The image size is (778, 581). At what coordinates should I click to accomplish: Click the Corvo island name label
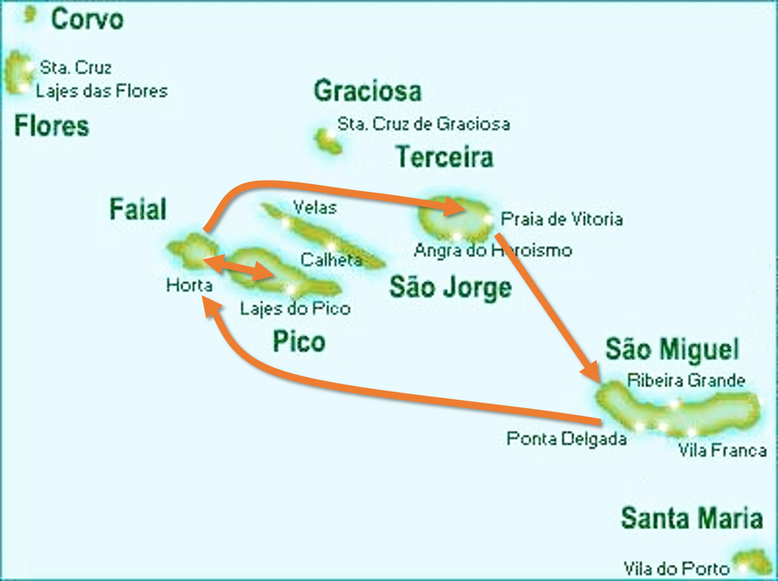tap(87, 20)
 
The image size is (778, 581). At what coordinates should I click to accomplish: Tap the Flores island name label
tap(52, 126)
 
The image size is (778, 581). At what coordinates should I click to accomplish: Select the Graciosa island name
tap(367, 90)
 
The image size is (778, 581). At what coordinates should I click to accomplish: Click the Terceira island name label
tap(444, 157)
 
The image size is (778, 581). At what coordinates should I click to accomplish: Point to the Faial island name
tap(138, 209)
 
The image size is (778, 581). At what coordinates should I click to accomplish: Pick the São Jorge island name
tap(450, 287)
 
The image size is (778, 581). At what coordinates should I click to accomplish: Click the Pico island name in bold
tap(299, 342)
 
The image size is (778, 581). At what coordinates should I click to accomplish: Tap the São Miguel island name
tap(672, 349)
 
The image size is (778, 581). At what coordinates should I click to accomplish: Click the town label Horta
tap(189, 285)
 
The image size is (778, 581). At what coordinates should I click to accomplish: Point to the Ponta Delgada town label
tap(566, 438)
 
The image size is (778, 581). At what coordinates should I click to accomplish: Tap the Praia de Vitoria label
tap(561, 219)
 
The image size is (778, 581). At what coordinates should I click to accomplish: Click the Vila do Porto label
tap(676, 568)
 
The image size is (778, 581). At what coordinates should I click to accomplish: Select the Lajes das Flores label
tap(101, 90)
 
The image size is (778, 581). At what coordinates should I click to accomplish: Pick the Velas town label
tap(314, 207)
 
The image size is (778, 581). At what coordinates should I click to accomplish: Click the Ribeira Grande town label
tap(686, 380)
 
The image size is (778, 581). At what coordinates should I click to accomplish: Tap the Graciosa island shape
tap(328, 141)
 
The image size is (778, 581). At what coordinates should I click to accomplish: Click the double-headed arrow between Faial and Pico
tap(239, 267)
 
